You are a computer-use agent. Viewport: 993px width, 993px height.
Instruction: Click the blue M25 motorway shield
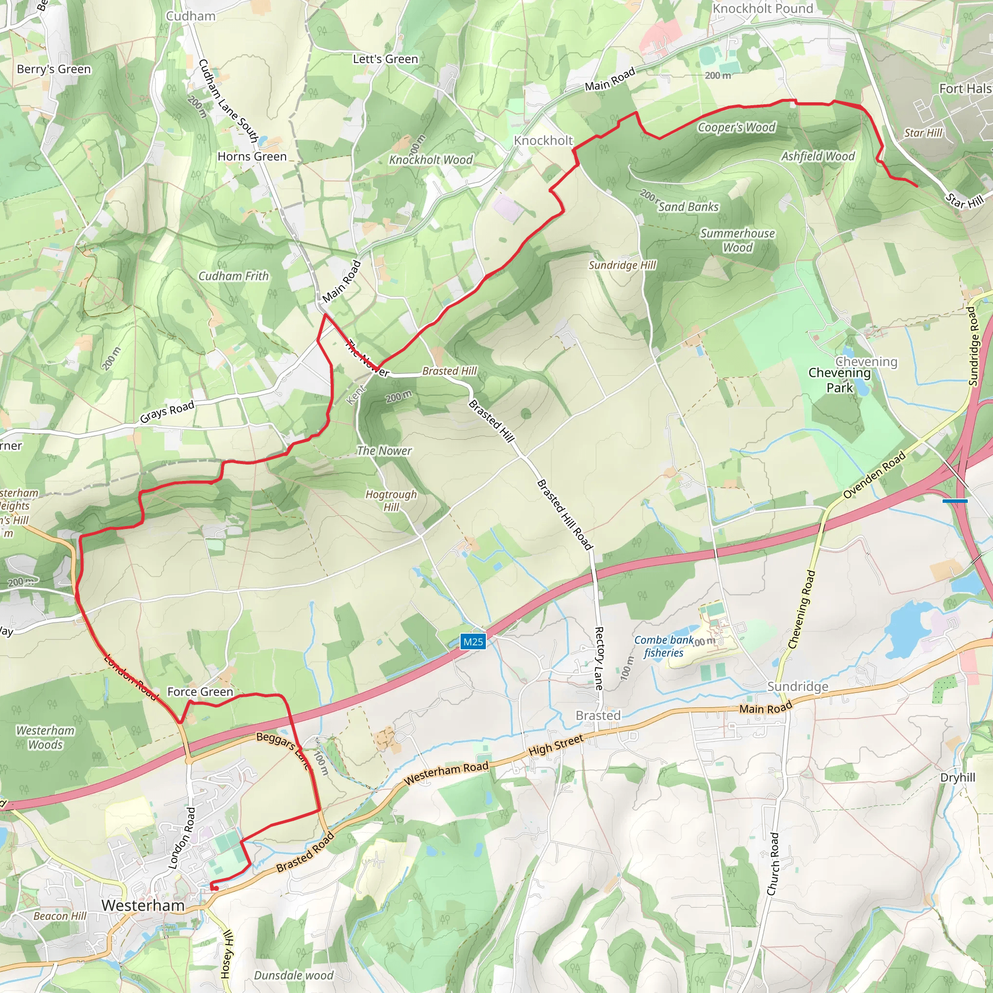(473, 641)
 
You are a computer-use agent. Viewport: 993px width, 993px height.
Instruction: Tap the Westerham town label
(143, 906)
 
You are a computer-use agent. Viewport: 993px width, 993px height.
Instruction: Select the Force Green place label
(200, 692)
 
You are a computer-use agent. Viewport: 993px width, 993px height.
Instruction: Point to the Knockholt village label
(543, 140)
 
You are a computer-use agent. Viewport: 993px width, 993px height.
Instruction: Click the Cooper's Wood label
(736, 128)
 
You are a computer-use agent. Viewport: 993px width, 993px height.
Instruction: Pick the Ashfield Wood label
(818, 156)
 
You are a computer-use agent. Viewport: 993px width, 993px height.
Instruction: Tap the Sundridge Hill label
(622, 265)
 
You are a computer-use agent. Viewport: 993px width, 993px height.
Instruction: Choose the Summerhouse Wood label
(737, 240)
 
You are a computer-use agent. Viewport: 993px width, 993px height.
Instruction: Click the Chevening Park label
(839, 380)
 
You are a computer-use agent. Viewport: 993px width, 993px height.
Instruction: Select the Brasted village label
(598, 716)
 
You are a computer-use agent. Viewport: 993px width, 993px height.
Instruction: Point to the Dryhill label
(958, 778)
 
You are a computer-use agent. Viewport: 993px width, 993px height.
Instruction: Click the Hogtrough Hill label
(391, 500)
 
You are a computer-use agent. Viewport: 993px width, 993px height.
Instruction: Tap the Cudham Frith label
(233, 276)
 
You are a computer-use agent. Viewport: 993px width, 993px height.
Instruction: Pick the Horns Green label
(252, 156)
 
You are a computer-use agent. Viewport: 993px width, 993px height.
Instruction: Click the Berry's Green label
(53, 69)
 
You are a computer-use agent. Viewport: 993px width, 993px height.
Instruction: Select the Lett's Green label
(385, 59)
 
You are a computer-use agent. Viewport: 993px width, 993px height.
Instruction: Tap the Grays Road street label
(167, 412)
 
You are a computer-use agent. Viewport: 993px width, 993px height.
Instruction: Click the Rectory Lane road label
(599, 658)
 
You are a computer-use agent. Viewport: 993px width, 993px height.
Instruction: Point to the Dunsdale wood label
(293, 975)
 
